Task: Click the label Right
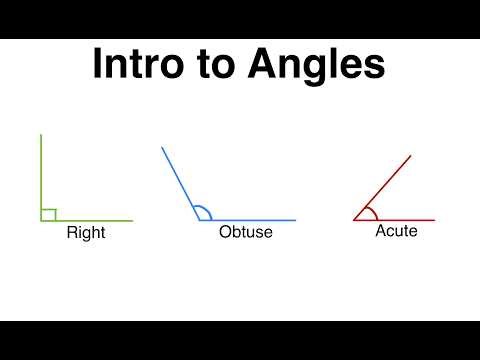(86, 233)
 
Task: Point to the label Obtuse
(246, 233)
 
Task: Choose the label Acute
(396, 231)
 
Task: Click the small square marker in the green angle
(48, 214)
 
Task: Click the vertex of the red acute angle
(354, 220)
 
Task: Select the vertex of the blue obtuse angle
(197, 220)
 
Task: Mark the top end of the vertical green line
(41, 134)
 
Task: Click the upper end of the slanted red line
(410, 156)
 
